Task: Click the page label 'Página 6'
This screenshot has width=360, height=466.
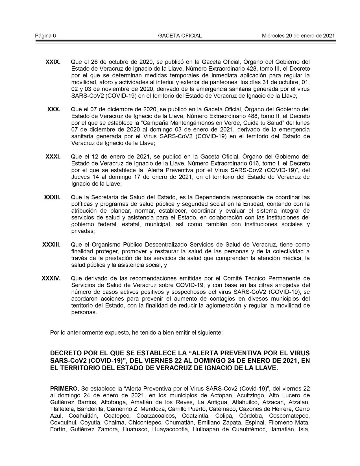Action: coord(45,36)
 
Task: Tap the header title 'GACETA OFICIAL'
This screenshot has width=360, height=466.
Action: coord(180,36)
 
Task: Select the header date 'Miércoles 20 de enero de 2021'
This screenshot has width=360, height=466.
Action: coord(298,36)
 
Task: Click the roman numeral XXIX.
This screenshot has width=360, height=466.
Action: coord(53,62)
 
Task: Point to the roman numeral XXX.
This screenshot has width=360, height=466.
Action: coord(54,109)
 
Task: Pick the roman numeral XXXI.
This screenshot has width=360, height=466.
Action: coord(53,157)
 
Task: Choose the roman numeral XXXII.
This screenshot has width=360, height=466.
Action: coord(52,197)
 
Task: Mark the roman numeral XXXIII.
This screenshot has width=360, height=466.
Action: coord(51,245)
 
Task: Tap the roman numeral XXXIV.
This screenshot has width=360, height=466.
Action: coord(51,279)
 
